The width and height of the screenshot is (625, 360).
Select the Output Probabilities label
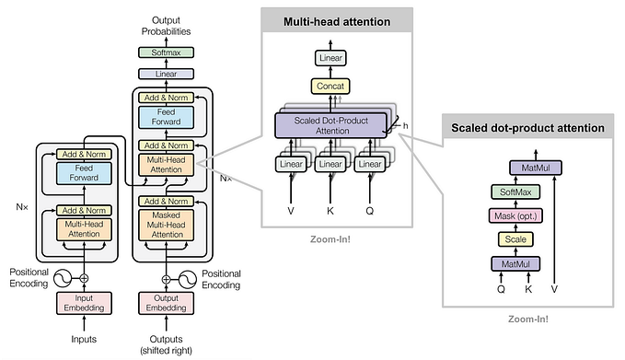tap(167, 25)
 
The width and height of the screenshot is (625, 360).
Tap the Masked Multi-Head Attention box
tap(167, 225)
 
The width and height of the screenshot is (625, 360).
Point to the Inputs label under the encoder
tap(84, 339)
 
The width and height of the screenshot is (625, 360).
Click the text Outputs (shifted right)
tap(167, 344)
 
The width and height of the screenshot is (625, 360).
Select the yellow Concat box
tap(330, 87)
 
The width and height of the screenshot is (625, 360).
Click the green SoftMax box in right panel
tap(515, 192)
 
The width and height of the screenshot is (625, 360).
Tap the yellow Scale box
tap(515, 239)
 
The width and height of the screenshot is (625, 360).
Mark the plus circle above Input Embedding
tap(84, 277)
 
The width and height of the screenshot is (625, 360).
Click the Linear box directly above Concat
tap(330, 59)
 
